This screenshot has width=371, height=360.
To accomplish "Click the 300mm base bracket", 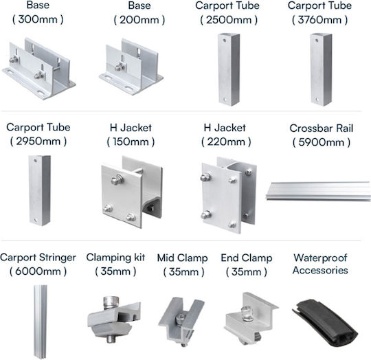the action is pyautogui.click(x=39, y=69).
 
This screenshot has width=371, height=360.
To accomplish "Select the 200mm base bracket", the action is pyautogui.click(x=131, y=67).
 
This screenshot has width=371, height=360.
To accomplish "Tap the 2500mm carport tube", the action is pyautogui.click(x=229, y=69).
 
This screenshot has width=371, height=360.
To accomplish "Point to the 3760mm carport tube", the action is pyautogui.click(x=321, y=69).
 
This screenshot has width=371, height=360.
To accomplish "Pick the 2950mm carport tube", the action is pyautogui.click(x=40, y=190).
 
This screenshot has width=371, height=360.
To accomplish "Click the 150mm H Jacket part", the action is pyautogui.click(x=132, y=192).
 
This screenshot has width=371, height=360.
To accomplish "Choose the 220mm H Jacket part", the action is pyautogui.click(x=229, y=195).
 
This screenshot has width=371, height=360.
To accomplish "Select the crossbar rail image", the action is pyautogui.click(x=318, y=191).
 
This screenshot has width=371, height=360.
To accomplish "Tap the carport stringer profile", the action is pyautogui.click(x=41, y=322).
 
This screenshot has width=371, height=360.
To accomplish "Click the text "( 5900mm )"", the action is pyautogui.click(x=322, y=142).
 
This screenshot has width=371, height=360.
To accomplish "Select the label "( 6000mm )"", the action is pyautogui.click(x=38, y=271).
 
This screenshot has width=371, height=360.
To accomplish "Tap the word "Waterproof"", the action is pyautogui.click(x=320, y=258).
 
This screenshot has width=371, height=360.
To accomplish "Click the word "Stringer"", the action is pyautogui.click(x=58, y=258).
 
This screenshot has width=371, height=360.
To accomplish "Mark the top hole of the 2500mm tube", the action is pyautogui.click(x=224, y=41).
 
